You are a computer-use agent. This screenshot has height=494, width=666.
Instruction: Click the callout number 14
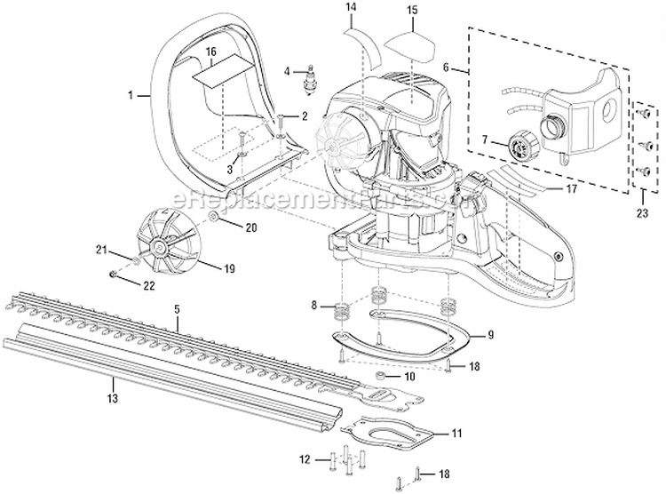(x=351, y=8)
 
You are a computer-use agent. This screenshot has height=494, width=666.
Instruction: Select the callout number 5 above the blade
(x=177, y=307)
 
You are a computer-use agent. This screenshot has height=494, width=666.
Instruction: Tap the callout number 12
(x=305, y=458)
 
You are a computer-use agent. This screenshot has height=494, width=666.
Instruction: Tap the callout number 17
(x=547, y=188)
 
